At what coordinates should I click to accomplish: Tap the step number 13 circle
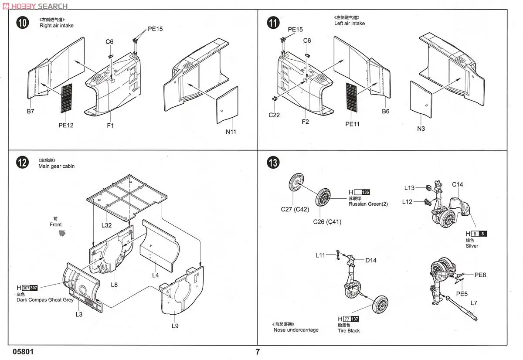coord(273,163)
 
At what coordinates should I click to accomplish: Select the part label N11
coord(231,132)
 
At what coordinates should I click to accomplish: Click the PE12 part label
coord(66,126)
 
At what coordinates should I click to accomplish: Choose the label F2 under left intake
coord(305,122)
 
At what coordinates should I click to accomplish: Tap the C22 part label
coord(274,115)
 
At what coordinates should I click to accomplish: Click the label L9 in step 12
coord(175,326)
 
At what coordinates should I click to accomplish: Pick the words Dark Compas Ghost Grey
coord(45,300)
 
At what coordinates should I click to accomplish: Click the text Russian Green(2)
coord(368,204)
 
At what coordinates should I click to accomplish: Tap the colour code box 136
coord(365,192)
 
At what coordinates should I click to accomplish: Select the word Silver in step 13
coord(472,246)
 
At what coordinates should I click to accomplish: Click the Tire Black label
coord(349,331)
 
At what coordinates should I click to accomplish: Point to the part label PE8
coord(481,275)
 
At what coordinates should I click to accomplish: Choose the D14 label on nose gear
coord(370,261)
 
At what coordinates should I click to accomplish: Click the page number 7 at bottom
coord(258,352)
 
